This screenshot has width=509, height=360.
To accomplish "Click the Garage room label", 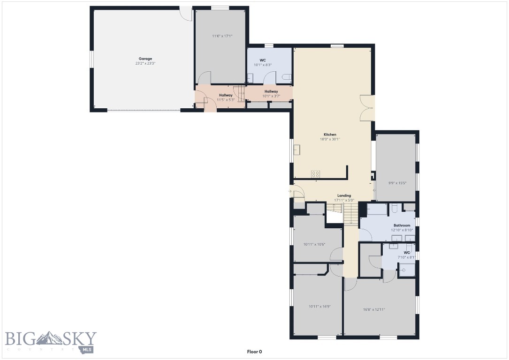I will [x=145, y=59].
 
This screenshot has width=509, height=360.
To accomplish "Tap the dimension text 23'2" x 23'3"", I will [x=145, y=63].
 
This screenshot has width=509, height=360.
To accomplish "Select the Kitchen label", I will [x=330, y=135].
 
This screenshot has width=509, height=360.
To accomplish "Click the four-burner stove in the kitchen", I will [x=315, y=174].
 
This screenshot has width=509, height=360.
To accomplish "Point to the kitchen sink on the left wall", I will [x=297, y=150].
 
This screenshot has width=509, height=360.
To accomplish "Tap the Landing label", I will [x=344, y=195].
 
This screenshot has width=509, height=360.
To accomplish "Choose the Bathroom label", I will [x=402, y=225].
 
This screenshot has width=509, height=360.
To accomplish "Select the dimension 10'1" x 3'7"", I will [x=271, y=96].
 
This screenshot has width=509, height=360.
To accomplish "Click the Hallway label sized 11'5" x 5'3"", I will [x=226, y=95].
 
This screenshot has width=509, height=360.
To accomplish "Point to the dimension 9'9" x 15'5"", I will [x=396, y=183].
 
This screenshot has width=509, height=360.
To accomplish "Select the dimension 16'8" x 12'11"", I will [x=374, y=309].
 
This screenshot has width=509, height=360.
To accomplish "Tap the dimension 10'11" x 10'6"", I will [x=314, y=244].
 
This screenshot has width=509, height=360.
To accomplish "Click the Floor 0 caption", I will [x=254, y=351].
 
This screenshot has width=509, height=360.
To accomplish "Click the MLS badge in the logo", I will [x=87, y=349].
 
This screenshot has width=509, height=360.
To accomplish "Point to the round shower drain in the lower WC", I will [x=403, y=270].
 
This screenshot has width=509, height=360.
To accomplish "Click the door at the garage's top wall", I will [x=186, y=13].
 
